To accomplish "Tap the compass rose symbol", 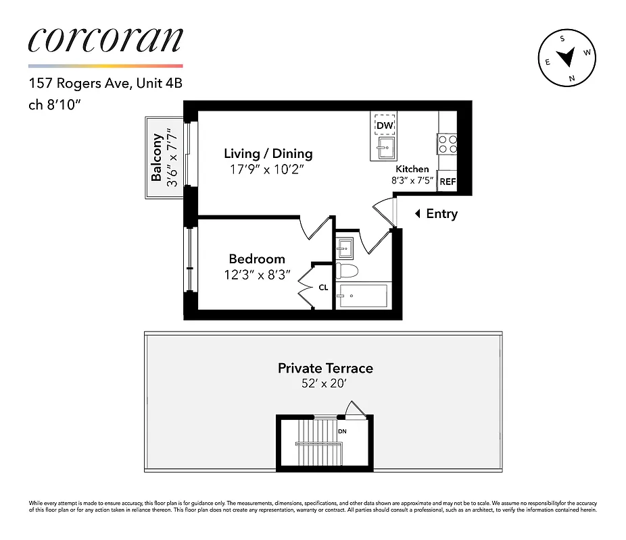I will [x=567, y=59].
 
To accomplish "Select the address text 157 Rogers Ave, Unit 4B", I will [x=105, y=84].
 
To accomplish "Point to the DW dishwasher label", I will [x=385, y=126].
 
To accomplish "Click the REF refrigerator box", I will [x=447, y=182].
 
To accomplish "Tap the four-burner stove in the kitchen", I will [x=447, y=144].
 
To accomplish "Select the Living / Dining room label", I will [x=268, y=154].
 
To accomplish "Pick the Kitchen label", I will [x=412, y=169].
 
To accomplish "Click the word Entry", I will [x=441, y=214].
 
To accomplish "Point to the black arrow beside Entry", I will [x=417, y=214].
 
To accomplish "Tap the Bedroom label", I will [x=256, y=259].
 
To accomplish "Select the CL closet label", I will [x=323, y=288].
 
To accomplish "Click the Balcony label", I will [x=157, y=158].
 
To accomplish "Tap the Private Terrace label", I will [x=325, y=368].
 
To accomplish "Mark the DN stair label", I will [x=342, y=431].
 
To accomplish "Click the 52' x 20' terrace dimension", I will [x=325, y=383].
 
